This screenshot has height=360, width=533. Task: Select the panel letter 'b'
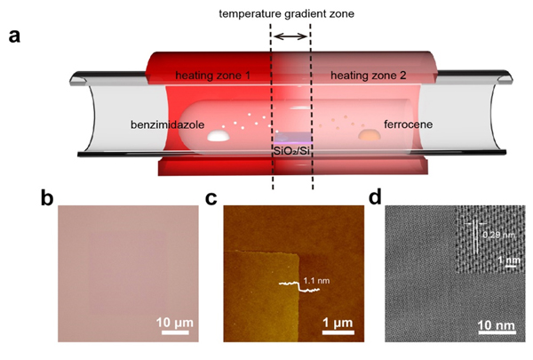pyautogui.click(x=48, y=198)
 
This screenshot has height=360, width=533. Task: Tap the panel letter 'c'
pyautogui.click(x=212, y=198)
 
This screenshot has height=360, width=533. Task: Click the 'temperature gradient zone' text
pyautogui.click(x=290, y=13)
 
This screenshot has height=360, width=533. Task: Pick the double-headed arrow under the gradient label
pyautogui.click(x=290, y=36)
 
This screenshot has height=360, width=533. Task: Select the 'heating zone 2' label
pyautogui.click(x=367, y=76)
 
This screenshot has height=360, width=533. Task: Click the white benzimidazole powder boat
pyautogui.click(x=218, y=137)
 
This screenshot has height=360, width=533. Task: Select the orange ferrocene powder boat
pyautogui.click(x=367, y=136)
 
